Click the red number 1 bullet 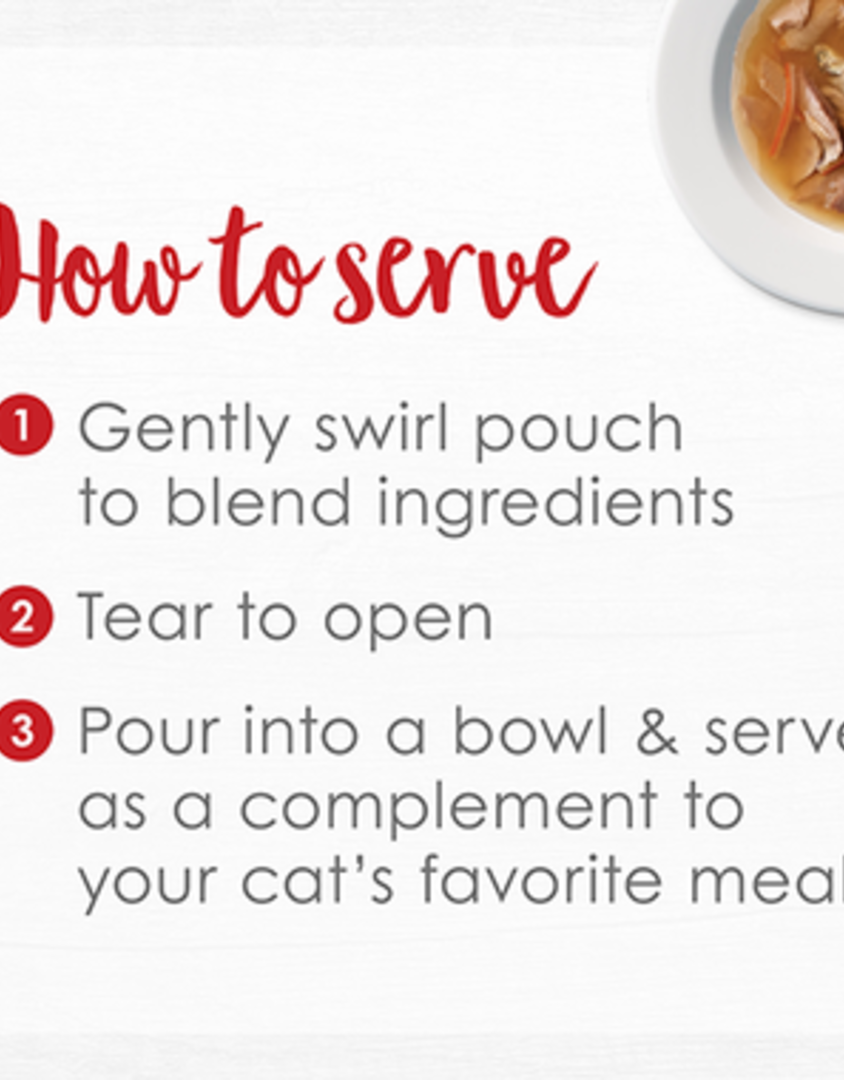click(x=24, y=425)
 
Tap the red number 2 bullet click(x=24, y=616)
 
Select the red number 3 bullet click(x=24, y=731)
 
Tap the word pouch click(x=578, y=430)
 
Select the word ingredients click(x=555, y=504)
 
